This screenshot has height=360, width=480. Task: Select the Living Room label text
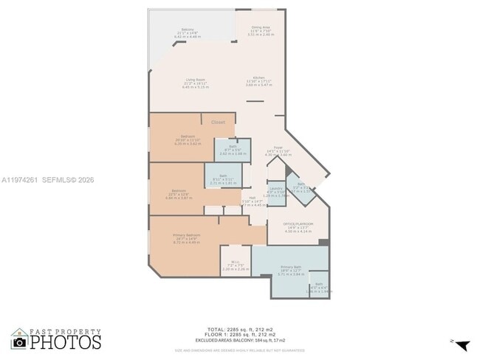point(196,83)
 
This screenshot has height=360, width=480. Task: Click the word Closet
point(218,122)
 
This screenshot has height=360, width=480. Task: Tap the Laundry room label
point(277,190)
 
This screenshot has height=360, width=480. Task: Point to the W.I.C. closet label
point(235,263)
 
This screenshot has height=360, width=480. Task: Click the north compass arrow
point(462,344)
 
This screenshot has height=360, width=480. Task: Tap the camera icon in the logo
point(20,342)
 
